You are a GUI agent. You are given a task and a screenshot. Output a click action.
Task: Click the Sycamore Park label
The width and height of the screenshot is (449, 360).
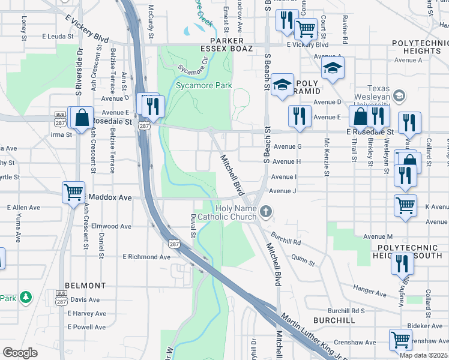204,86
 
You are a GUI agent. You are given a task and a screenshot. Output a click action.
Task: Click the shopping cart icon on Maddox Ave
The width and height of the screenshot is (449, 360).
73,193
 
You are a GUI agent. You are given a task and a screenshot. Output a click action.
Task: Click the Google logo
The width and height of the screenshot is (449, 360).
20,352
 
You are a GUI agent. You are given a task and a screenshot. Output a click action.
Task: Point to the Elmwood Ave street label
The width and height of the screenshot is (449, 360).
110,226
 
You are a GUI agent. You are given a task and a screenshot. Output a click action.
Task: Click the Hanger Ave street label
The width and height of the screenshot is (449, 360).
370,293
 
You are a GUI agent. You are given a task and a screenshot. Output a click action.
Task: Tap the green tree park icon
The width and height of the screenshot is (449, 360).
25,297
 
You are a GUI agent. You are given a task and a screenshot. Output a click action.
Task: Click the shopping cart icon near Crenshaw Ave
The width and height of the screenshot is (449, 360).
400,339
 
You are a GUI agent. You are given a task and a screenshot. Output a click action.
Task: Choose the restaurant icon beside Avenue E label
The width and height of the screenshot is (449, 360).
300,116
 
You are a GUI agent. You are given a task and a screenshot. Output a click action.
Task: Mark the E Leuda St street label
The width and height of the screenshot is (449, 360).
57,36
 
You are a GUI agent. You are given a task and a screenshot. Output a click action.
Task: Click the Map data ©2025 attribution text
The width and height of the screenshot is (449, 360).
424,355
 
